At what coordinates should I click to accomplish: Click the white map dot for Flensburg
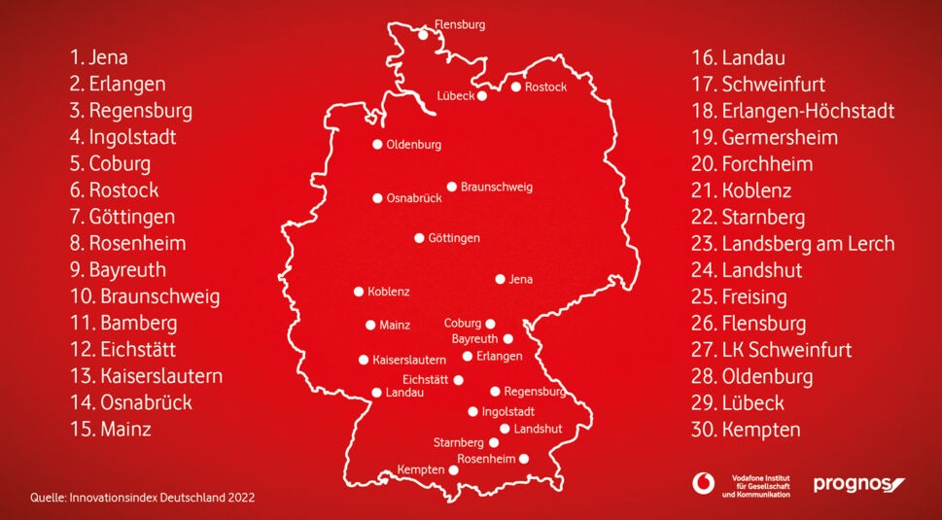pyautogui.click(x=423, y=35)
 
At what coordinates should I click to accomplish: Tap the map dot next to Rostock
pyautogui.click(x=516, y=87)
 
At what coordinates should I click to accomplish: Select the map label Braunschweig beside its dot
pyautogui.click(x=497, y=186)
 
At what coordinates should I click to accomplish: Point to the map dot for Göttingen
pyautogui.click(x=419, y=237)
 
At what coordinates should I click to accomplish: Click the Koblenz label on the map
pyautogui.click(x=389, y=291)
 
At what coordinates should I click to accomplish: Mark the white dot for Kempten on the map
pyautogui.click(x=453, y=469)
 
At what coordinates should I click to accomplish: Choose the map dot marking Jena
pyautogui.click(x=501, y=279)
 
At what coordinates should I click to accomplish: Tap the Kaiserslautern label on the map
pyautogui.click(x=409, y=360)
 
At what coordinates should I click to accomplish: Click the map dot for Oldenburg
pyautogui.click(x=377, y=145)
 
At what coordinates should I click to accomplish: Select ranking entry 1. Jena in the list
pyautogui.click(x=98, y=57)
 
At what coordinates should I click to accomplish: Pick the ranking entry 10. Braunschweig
pyautogui.click(x=145, y=296)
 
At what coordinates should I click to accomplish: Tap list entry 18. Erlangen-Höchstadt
pyautogui.click(x=792, y=111)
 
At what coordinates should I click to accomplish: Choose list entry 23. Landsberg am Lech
pyautogui.click(x=792, y=243)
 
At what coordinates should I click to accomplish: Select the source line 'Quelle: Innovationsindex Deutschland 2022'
pyautogui.click(x=142, y=497)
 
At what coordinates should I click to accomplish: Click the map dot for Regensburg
pyautogui.click(x=495, y=392)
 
